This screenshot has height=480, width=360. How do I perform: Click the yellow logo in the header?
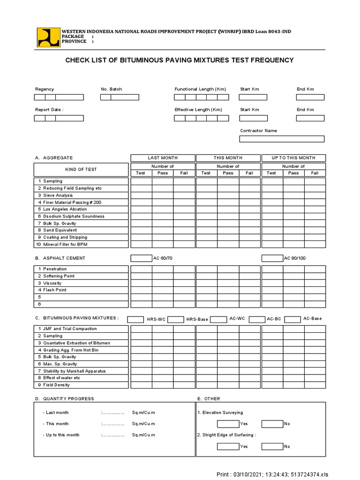click(x=49, y=37)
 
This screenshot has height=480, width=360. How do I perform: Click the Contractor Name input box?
click(x=282, y=139)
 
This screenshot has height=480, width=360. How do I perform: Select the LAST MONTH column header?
click(x=163, y=158)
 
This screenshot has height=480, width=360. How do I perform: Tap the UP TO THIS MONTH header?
click(x=293, y=158)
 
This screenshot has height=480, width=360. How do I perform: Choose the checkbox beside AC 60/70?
click(x=141, y=258)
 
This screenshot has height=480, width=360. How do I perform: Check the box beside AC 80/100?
click(x=272, y=258)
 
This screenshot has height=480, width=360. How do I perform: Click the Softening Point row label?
click(x=59, y=276)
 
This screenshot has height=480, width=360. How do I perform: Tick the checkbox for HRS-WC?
click(x=135, y=319)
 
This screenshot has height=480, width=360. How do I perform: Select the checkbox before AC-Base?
click(x=292, y=319)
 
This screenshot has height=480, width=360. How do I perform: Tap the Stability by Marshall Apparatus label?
click(x=74, y=371)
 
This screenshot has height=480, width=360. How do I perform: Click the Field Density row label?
click(x=56, y=385)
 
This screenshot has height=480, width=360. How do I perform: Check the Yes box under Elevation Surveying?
click(x=228, y=424)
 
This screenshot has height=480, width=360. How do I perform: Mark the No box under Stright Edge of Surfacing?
click(x=272, y=446)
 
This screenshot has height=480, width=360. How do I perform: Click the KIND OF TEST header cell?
click(x=81, y=169)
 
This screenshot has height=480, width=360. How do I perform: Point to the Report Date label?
click(x=49, y=110)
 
